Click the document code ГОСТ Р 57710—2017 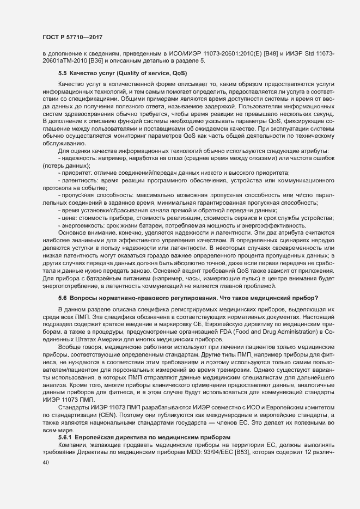point(72,37)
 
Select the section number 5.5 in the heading point(62,72)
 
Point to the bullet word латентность point(77,180)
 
